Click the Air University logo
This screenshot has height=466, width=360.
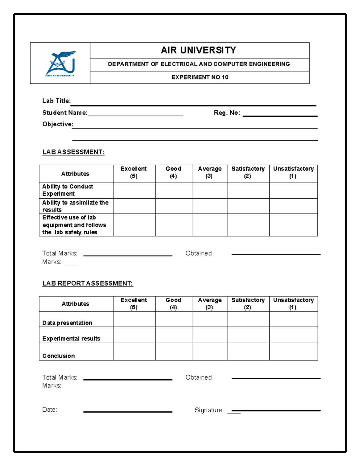60,64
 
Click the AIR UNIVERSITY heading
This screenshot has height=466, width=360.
198,50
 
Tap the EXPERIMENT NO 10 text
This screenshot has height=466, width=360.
200,77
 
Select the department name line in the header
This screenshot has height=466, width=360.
199,64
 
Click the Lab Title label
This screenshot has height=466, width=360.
56,101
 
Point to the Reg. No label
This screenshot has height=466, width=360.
227,113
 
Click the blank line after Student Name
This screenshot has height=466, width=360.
135,114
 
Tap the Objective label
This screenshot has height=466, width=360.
58,124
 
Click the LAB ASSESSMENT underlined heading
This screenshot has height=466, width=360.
73,152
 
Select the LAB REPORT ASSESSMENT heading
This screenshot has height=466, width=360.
88,283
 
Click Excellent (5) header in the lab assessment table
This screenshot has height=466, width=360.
134,173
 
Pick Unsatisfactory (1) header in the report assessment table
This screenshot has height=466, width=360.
293,304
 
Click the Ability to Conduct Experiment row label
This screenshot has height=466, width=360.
68,190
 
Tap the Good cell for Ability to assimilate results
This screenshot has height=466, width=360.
174,206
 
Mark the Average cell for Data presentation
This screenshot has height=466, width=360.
210,319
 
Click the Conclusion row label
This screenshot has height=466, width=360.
59,356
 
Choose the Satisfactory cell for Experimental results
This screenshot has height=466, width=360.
248,335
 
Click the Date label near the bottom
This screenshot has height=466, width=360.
50,410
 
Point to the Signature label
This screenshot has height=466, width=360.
209,410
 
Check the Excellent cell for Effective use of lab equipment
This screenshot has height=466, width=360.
134,225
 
